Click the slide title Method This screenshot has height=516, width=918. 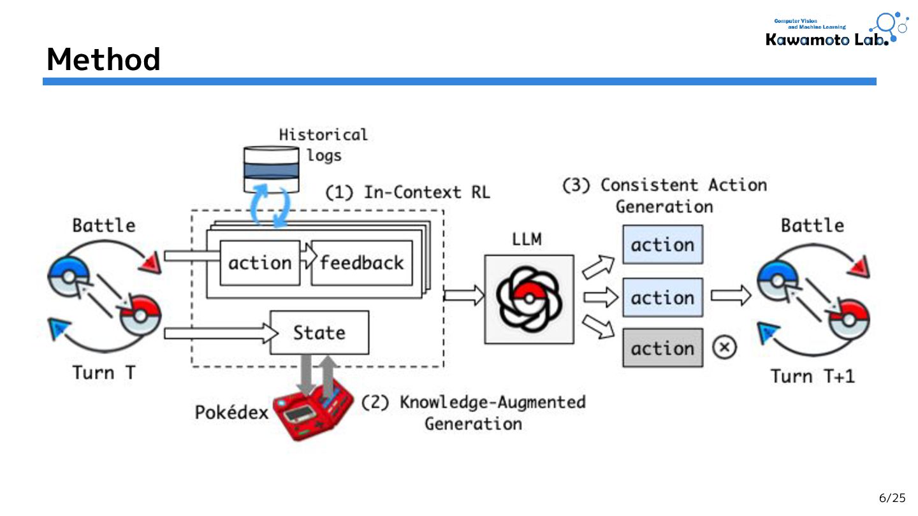click(103, 59)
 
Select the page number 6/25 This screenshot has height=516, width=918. click(892, 498)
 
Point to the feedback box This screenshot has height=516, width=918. click(361, 263)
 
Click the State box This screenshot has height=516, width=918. click(319, 333)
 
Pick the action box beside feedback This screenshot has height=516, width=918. click(259, 263)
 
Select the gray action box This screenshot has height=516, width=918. click(662, 348)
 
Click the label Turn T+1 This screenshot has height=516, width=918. click(812, 376)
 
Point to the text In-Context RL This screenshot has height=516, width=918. click(427, 192)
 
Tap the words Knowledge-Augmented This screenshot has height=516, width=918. click(492, 403)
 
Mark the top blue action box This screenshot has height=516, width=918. click(662, 245)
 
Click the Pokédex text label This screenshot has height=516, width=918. click(231, 412)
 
